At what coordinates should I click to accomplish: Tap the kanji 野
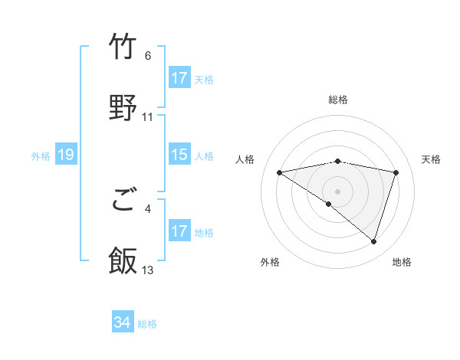123,106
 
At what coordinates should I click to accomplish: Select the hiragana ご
123,201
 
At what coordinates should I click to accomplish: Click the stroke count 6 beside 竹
148,56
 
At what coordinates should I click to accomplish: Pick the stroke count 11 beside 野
148,117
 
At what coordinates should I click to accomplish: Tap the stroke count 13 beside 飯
148,270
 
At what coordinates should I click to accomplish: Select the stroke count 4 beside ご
148,207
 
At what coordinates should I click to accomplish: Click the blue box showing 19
65,155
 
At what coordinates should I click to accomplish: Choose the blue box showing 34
123,323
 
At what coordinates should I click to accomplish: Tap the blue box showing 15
179,155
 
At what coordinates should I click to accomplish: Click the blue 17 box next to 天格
179,78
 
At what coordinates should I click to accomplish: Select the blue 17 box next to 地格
179,231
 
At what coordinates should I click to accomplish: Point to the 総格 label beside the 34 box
147,324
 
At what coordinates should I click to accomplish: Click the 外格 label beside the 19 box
41,156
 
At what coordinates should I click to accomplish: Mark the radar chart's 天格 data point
396,172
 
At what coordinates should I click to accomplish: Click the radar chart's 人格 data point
280,172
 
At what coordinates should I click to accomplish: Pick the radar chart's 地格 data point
373,241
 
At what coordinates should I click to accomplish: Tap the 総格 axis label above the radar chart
338,100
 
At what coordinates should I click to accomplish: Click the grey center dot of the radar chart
338,191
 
